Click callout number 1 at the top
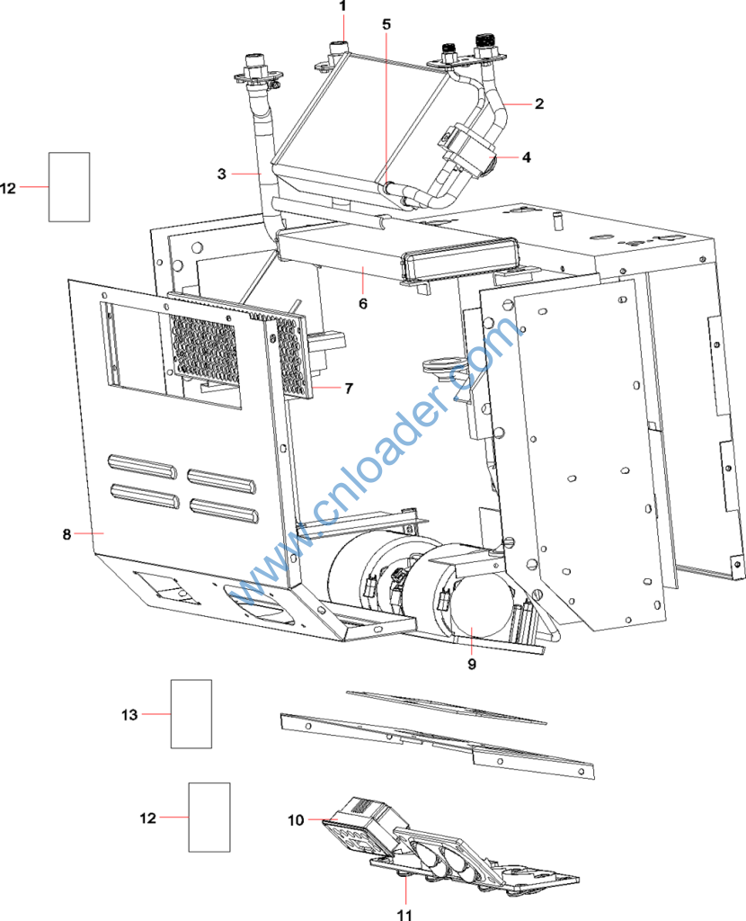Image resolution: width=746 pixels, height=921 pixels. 342,6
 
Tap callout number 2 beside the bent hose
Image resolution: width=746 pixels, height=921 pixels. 539,104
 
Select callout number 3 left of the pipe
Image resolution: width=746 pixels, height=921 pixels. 221,174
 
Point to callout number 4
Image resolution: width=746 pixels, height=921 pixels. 527,157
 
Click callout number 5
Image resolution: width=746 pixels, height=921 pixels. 386,24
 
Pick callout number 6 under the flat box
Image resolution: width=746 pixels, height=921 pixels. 363,303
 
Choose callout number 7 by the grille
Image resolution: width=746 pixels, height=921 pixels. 349,389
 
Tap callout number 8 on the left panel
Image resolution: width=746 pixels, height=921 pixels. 67,534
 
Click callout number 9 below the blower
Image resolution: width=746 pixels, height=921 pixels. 472,664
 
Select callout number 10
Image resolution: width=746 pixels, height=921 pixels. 296,819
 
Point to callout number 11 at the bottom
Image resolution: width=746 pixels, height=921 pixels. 405,914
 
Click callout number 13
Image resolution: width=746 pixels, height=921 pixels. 129,715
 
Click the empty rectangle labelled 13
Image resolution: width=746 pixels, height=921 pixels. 191,714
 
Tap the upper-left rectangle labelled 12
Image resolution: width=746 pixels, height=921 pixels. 69,187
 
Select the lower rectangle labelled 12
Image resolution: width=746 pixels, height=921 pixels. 209,817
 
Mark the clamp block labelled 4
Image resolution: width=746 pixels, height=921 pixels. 469,147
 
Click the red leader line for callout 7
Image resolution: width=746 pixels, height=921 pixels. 326,388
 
